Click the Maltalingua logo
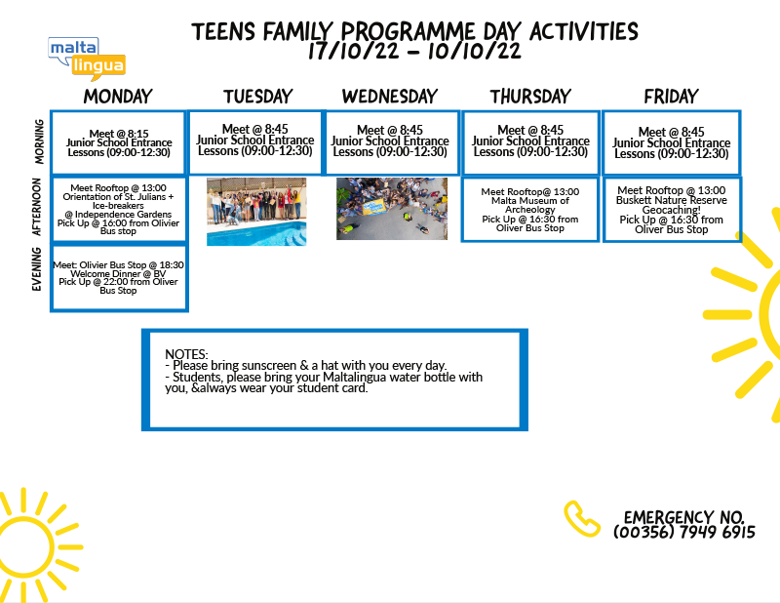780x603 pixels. pyautogui.click(x=87, y=59)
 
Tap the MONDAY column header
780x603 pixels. pyautogui.click(x=118, y=96)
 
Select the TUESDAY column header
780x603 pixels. pyautogui.click(x=257, y=96)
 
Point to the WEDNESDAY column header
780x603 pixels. pyautogui.click(x=390, y=96)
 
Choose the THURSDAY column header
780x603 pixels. pyautogui.click(x=530, y=96)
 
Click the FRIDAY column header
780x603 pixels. pyautogui.click(x=671, y=96)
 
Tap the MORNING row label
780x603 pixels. pyautogui.click(x=39, y=141)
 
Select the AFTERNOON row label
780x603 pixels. pyautogui.click(x=37, y=207)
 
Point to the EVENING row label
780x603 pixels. pyautogui.click(x=37, y=269)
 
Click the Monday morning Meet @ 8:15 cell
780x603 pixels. pyautogui.click(x=119, y=142)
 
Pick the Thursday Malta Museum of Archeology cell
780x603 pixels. pyautogui.click(x=530, y=210)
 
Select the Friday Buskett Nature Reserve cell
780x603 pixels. pyautogui.click(x=672, y=210)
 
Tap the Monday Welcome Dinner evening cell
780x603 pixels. pyautogui.click(x=119, y=278)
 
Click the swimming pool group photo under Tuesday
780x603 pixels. pyautogui.click(x=256, y=212)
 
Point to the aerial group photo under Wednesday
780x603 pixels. pyautogui.click(x=392, y=209)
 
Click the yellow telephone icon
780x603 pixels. pyautogui.click(x=581, y=519)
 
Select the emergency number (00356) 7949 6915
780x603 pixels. pyautogui.click(x=684, y=532)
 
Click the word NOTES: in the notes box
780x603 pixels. pyautogui.click(x=186, y=354)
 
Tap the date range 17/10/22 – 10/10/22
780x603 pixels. pyautogui.click(x=414, y=51)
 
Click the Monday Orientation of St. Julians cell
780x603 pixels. pyautogui.click(x=119, y=210)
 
